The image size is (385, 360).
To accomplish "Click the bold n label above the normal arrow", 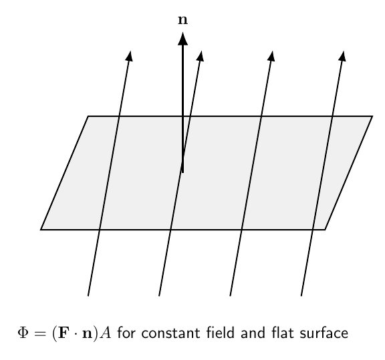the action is pyautogui.click(x=182, y=20).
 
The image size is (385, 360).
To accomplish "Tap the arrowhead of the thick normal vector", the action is pyautogui.click(x=182, y=39).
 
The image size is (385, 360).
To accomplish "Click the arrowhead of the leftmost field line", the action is pyautogui.click(x=130, y=56).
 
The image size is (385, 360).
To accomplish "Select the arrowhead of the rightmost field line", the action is pyautogui.click(x=342, y=56).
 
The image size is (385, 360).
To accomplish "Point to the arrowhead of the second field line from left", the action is pyautogui.click(x=201, y=56).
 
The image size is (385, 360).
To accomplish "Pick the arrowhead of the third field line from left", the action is pyautogui.click(x=271, y=56).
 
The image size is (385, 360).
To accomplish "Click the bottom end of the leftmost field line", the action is pyautogui.click(x=88, y=296).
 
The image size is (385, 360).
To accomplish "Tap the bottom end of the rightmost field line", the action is pyautogui.click(x=301, y=296).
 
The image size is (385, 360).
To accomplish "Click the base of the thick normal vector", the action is pyautogui.click(x=182, y=172).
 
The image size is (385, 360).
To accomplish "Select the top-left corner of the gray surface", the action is pyautogui.click(x=88, y=116).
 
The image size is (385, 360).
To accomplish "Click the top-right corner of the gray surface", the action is pyautogui.click(x=372, y=116).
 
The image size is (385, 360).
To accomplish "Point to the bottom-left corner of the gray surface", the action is pyautogui.click(x=41, y=230).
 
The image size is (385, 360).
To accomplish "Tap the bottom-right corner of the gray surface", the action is pyautogui.click(x=325, y=230).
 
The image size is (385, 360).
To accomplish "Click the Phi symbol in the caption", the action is pyautogui.click(x=23, y=333).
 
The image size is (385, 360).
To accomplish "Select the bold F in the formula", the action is pyautogui.click(x=63, y=333).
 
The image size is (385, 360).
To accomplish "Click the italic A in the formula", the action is pyautogui.click(x=106, y=333).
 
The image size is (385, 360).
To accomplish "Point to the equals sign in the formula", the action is pyautogui.click(x=41, y=333).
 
